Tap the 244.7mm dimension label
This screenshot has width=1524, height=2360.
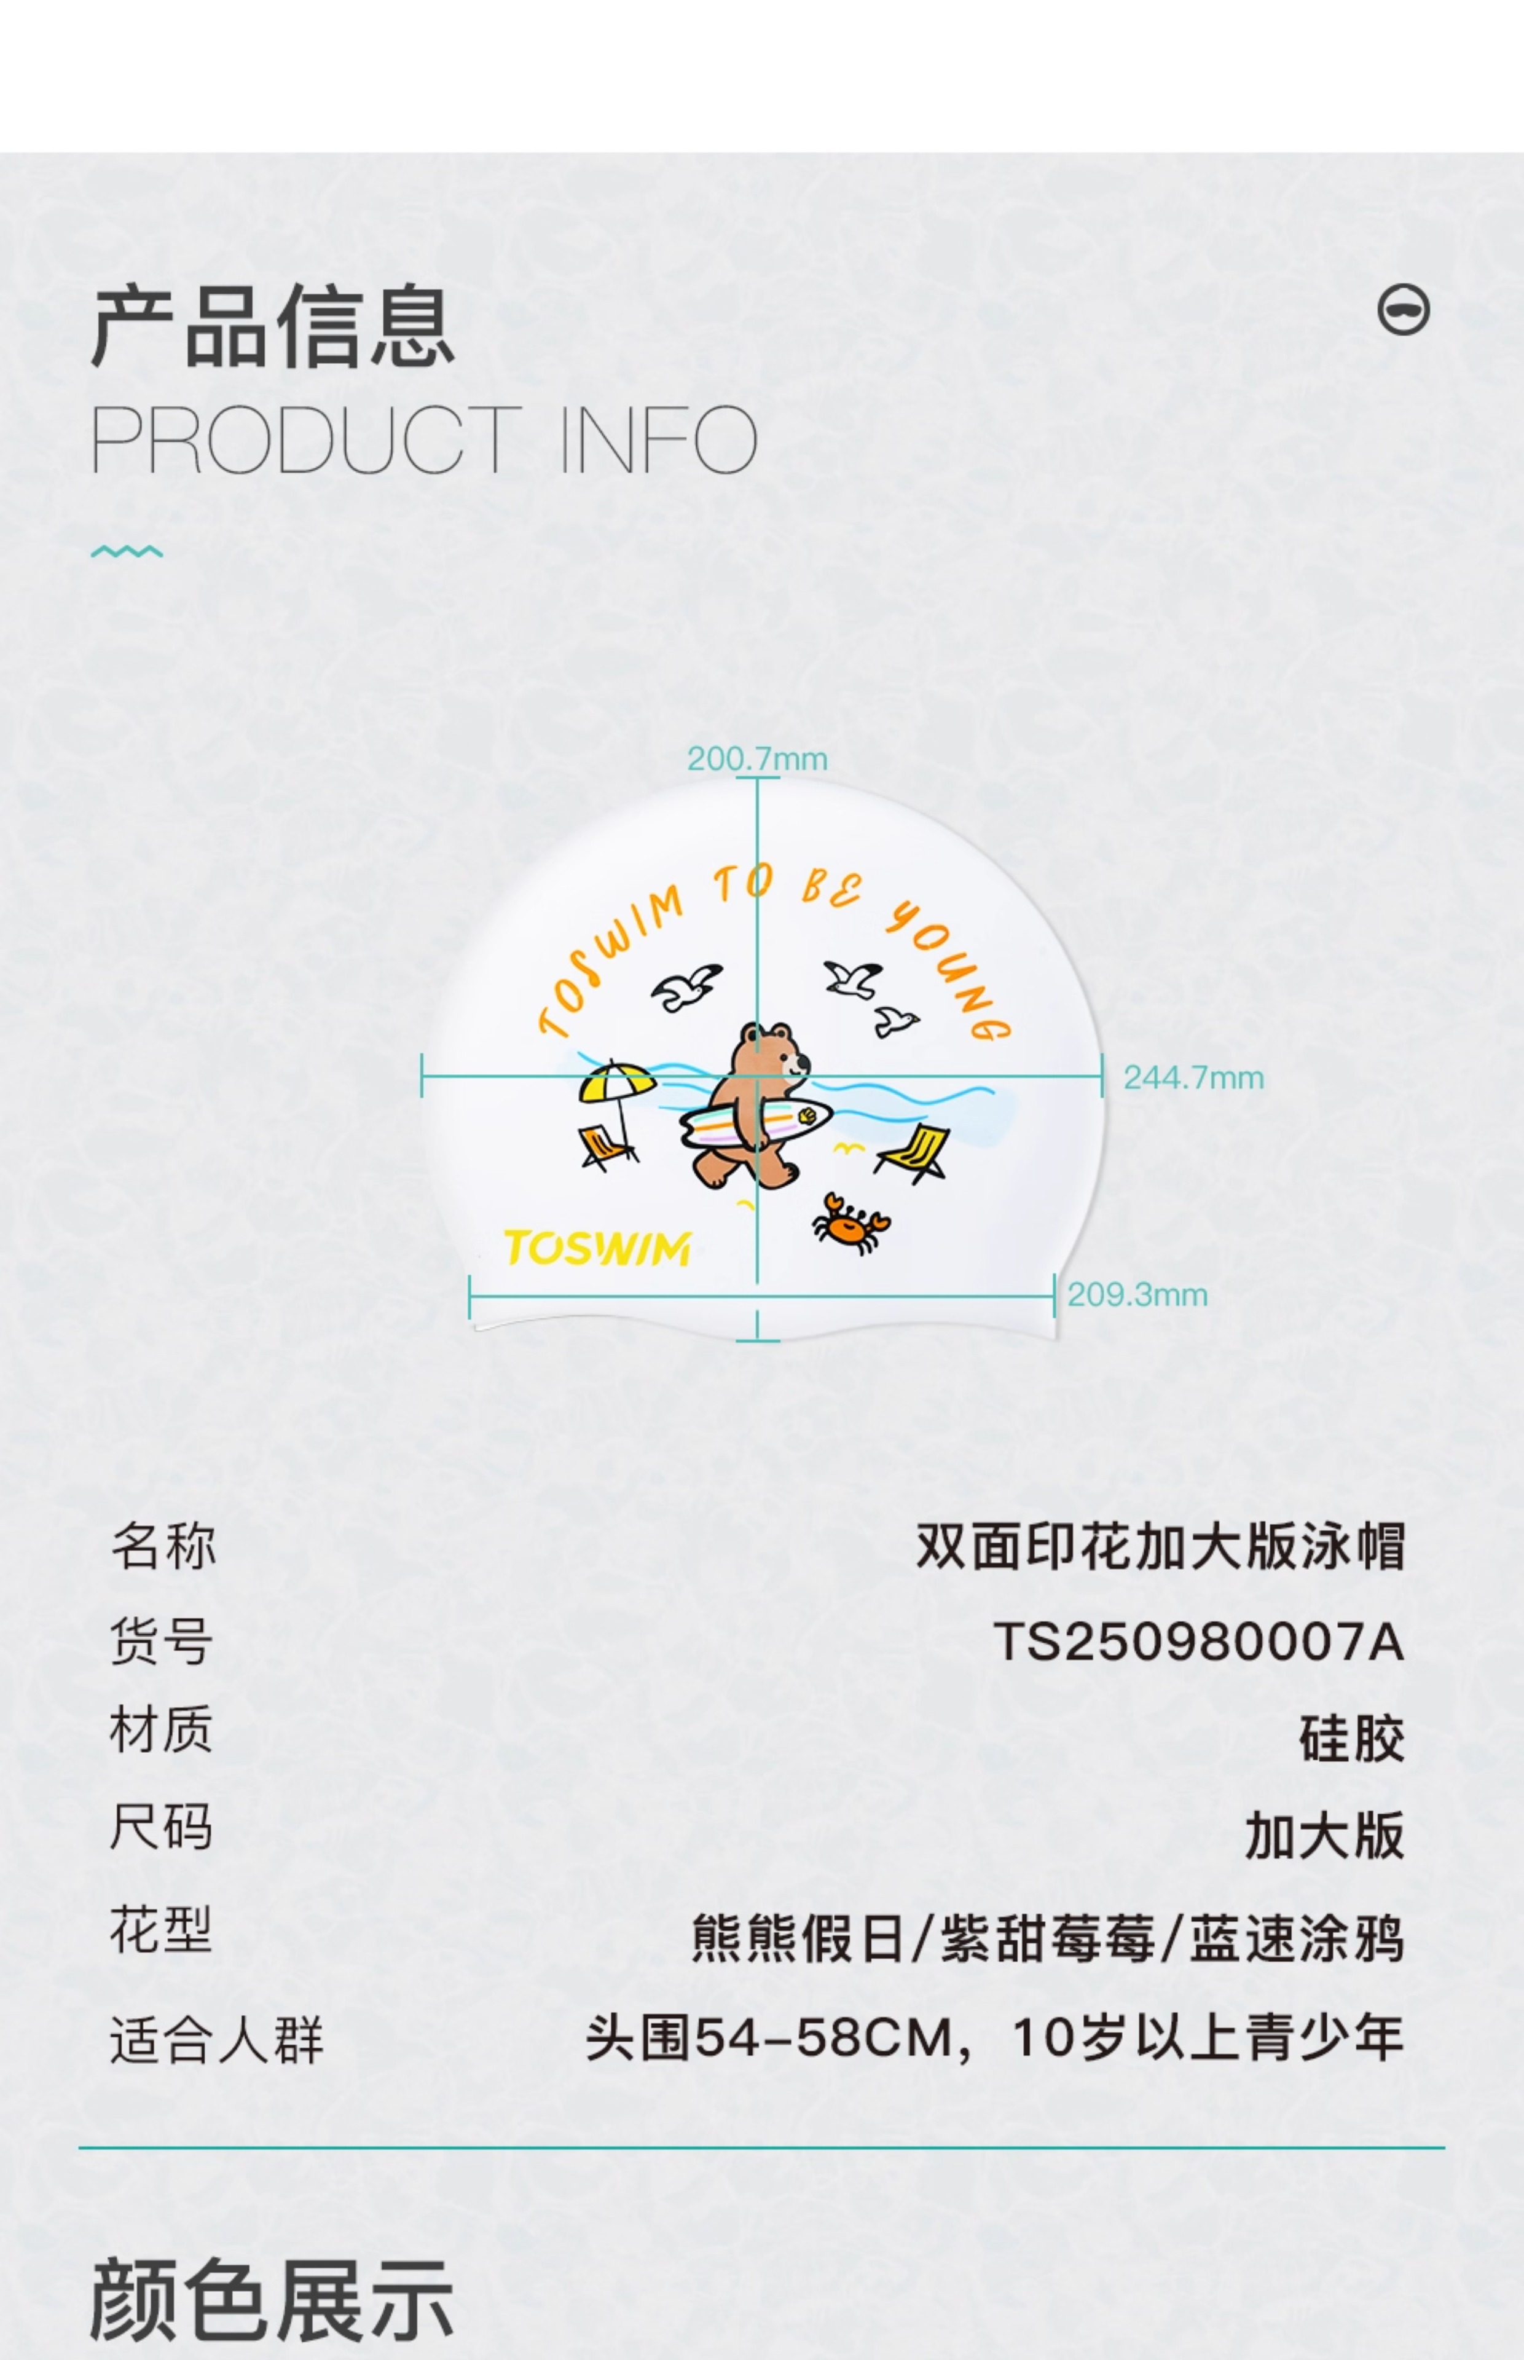(1193, 1077)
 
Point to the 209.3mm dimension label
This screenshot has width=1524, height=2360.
(1137, 1294)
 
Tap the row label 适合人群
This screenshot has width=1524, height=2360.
(216, 2039)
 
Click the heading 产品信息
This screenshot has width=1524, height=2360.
(272, 326)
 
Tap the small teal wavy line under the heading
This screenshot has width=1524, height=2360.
(127, 551)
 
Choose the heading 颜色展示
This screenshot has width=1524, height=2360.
(272, 2300)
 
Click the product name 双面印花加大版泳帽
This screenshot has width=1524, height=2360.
(1159, 1546)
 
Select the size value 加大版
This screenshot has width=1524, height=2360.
(1324, 1836)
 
